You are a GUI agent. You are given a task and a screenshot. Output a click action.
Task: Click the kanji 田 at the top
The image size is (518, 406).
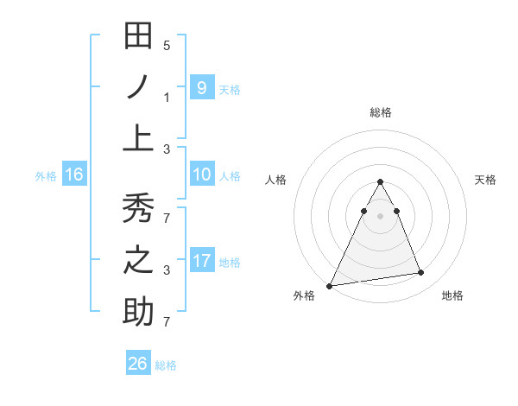tap(138, 36)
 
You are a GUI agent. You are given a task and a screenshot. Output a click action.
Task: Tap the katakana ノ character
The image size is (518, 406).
tap(138, 88)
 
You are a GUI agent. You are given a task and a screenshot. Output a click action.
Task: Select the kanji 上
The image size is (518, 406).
tap(138, 137)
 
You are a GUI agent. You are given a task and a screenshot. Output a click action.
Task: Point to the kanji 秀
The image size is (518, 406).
tap(138, 209)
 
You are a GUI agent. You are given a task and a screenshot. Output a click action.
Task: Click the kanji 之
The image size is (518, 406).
tap(138, 260)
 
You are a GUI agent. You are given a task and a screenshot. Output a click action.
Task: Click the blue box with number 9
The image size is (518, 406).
tap(201, 87)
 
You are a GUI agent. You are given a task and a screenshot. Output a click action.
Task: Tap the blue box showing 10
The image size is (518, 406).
tap(201, 175)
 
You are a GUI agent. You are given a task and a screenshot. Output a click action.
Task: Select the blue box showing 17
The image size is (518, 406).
tap(201, 261)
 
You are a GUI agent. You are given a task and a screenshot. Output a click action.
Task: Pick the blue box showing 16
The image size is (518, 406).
tap(73, 175)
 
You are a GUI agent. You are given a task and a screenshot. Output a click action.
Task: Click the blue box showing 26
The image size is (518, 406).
tap(138, 364)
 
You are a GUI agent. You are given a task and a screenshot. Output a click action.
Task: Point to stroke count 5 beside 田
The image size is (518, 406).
tap(167, 45)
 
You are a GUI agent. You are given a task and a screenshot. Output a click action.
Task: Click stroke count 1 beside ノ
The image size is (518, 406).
tap(167, 97)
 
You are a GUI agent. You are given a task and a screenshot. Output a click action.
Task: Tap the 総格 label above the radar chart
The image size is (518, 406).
tap(380, 112)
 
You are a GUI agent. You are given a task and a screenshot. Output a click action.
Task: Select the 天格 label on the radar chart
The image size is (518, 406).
tap(485, 180)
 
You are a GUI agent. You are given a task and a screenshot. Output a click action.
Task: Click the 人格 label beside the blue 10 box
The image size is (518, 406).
tap(230, 176)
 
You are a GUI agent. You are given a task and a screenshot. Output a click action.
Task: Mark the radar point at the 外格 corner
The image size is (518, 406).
tap(330, 285)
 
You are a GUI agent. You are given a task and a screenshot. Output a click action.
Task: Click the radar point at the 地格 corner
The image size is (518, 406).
tap(421, 273)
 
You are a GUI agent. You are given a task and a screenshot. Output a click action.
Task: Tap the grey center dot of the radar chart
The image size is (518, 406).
tap(380, 216)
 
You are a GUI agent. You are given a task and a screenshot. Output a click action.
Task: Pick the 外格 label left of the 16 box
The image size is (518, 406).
tap(45, 176)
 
